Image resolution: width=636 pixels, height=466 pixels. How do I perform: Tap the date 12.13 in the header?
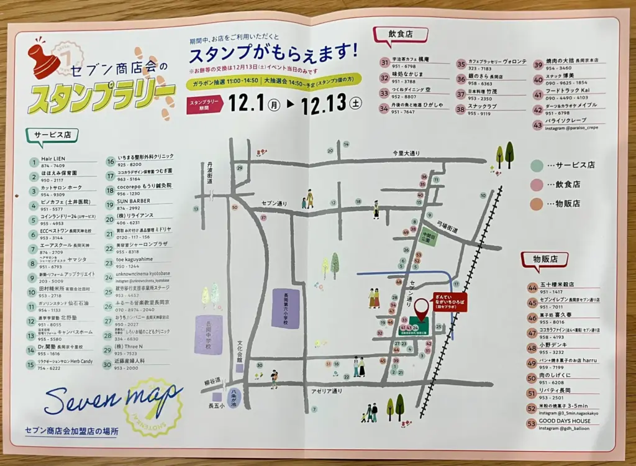[x=322, y=104]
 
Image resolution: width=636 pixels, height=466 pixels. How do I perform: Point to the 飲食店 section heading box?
[x=400, y=35]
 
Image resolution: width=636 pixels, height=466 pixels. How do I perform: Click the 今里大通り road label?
[x=406, y=153]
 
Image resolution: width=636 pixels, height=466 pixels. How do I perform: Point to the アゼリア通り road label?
[x=327, y=391]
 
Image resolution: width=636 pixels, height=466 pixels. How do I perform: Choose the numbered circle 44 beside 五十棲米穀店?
[x=532, y=288]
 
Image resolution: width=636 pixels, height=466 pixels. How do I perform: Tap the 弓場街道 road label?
[x=447, y=228]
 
